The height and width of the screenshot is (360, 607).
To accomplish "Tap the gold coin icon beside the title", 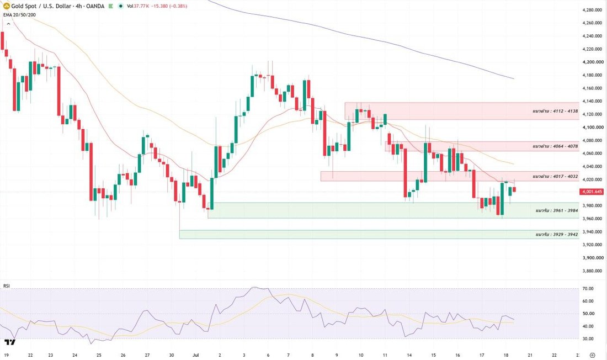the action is coord(6,6).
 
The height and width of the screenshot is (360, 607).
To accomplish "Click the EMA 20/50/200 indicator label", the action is coord(19,15).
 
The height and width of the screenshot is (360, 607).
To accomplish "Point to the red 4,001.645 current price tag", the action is coord(592,192).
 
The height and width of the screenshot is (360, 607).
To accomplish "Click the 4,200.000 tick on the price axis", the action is coord(593,62).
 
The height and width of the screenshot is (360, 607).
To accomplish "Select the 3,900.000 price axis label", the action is coord(593,258).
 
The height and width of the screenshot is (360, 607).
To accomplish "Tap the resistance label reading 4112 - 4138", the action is coord(555,111).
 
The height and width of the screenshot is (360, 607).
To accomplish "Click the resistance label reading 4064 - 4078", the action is coord(555,146).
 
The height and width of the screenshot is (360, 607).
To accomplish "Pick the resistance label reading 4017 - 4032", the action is coord(555,177).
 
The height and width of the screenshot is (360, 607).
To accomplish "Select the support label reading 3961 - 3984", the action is coord(557,211).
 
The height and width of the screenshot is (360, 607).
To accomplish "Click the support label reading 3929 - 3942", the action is coord(557,235).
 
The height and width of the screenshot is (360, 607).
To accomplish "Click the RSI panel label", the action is coord(7,286).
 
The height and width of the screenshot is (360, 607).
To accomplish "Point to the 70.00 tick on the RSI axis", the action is coord(588,289).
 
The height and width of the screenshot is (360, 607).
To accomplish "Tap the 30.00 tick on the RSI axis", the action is coord(588,338).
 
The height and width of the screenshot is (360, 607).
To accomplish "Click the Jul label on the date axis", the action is coord(196,355).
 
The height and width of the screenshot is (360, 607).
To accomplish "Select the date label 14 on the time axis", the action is coord(409,355).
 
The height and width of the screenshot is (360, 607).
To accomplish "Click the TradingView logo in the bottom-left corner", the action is coord(10,342).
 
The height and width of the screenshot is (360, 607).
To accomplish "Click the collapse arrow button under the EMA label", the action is coord(8,24).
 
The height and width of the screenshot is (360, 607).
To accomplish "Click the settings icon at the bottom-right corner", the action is coord(592,355).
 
